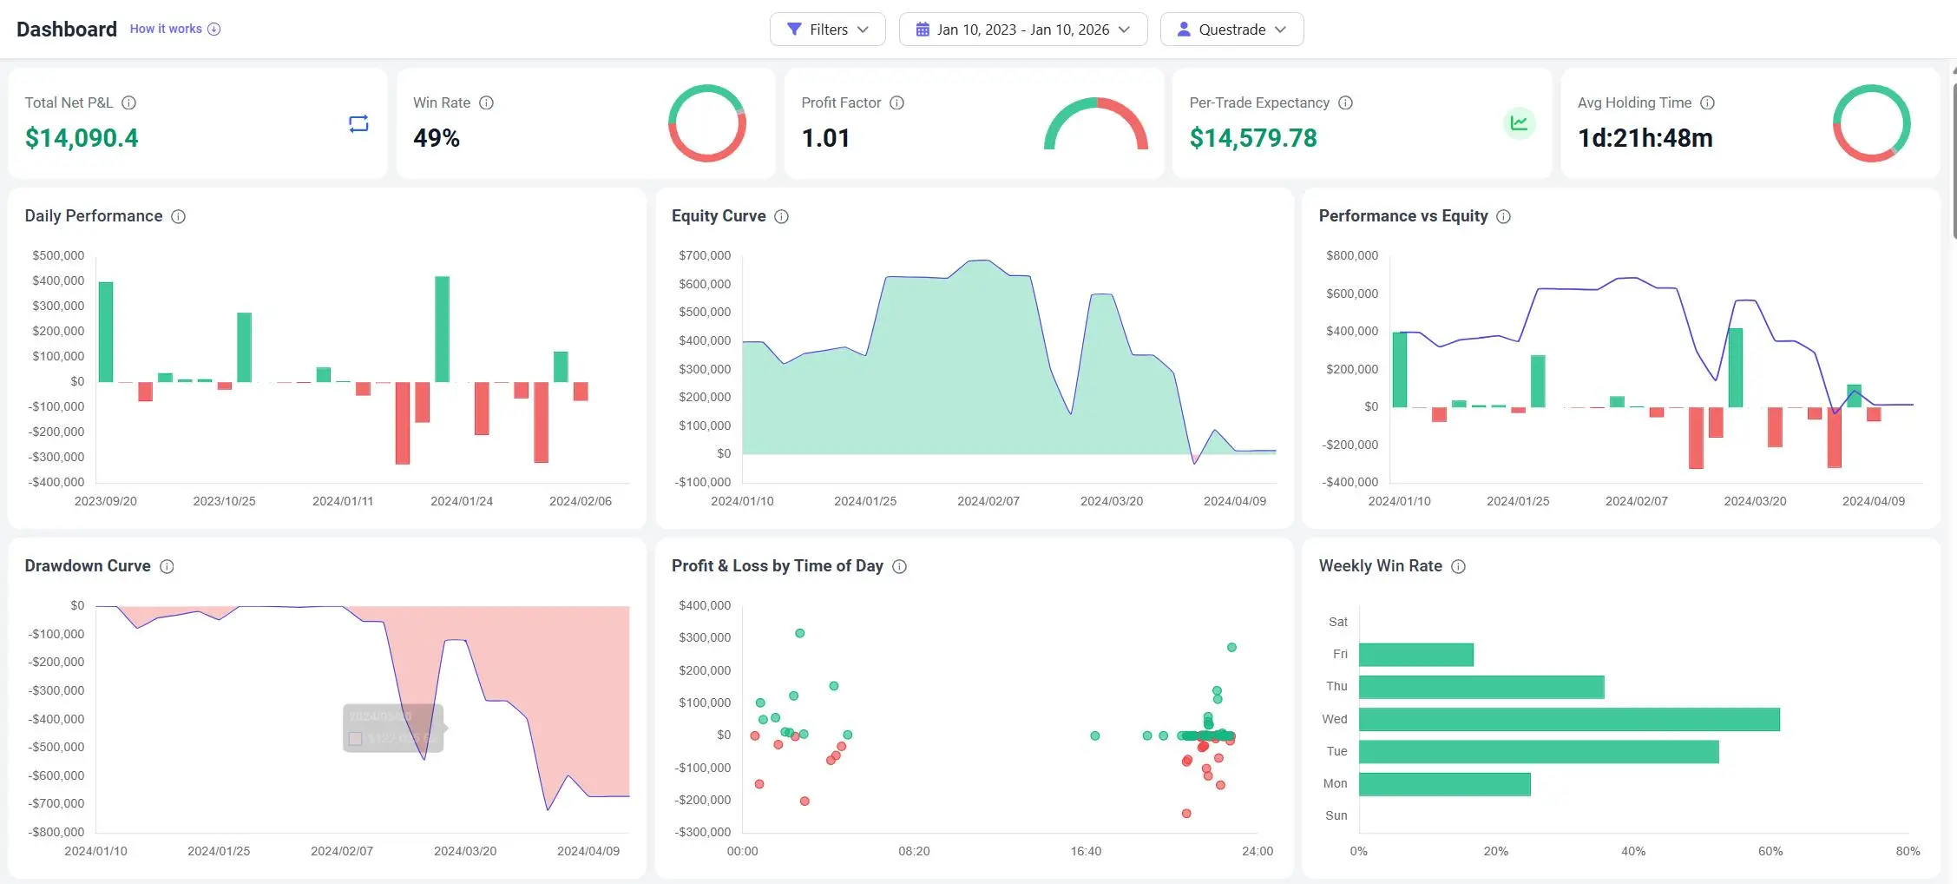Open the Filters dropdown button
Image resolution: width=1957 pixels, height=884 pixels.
pyautogui.click(x=827, y=30)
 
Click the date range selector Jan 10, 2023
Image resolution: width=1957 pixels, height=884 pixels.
pyautogui.click(x=1022, y=30)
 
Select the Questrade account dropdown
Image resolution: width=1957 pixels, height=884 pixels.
pyautogui.click(x=1231, y=30)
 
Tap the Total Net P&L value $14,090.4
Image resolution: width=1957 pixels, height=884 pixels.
pyautogui.click(x=82, y=138)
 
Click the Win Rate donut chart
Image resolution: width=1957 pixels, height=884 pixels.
pyautogui.click(x=706, y=122)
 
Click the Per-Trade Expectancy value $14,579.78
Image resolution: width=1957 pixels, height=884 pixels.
pyautogui.click(x=1252, y=138)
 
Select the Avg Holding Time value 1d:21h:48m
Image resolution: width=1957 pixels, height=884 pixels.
pyautogui.click(x=1645, y=138)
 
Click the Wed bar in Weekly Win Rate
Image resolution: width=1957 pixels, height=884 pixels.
pyautogui.click(x=1568, y=719)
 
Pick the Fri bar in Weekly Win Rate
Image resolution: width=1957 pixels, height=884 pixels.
pyautogui.click(x=1415, y=655)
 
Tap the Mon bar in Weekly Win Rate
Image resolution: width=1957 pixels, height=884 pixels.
pyautogui.click(x=1444, y=784)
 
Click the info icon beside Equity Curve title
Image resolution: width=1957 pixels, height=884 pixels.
pyautogui.click(x=781, y=216)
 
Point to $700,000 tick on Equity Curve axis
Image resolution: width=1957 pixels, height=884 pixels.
pyautogui.click(x=705, y=255)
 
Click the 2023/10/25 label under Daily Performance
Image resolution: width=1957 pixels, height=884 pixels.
pyautogui.click(x=224, y=501)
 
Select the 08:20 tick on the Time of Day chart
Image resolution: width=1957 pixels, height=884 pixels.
pyautogui.click(x=914, y=851)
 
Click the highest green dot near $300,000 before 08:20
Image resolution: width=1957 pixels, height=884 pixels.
pyautogui.click(x=799, y=633)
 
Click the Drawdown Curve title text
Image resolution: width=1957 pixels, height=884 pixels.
pyautogui.click(x=88, y=566)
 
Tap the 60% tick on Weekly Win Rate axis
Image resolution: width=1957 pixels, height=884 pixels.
pyautogui.click(x=1770, y=851)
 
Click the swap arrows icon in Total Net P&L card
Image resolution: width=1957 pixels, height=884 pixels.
pyautogui.click(x=358, y=123)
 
